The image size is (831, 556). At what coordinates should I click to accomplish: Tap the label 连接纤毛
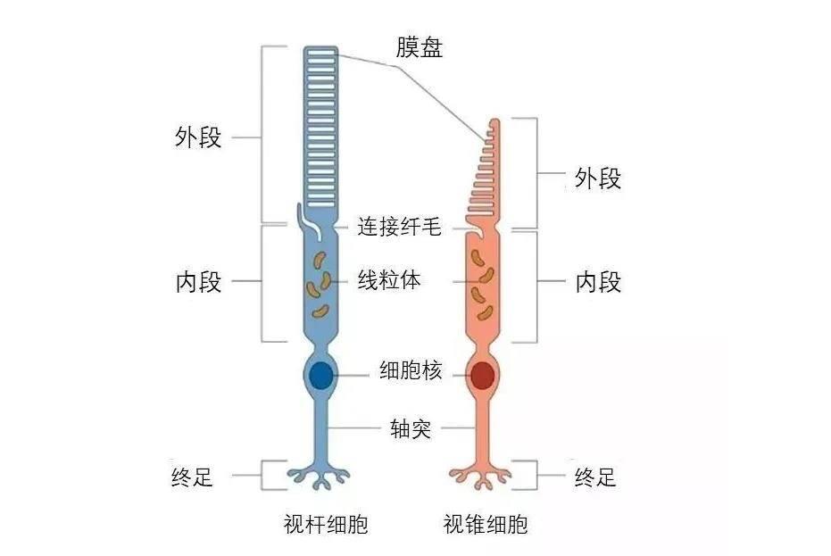click(399, 227)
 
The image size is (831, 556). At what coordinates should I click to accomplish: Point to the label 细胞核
click(411, 371)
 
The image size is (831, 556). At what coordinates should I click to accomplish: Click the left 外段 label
click(198, 138)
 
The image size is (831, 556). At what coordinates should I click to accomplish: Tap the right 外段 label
click(597, 179)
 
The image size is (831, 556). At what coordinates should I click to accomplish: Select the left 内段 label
click(198, 283)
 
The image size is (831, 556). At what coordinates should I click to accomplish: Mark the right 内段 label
click(597, 283)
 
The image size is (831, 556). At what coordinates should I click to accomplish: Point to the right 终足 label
click(594, 477)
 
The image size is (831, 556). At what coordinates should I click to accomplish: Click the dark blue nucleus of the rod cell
click(321, 375)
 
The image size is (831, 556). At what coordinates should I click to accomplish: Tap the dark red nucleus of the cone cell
click(483, 375)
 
